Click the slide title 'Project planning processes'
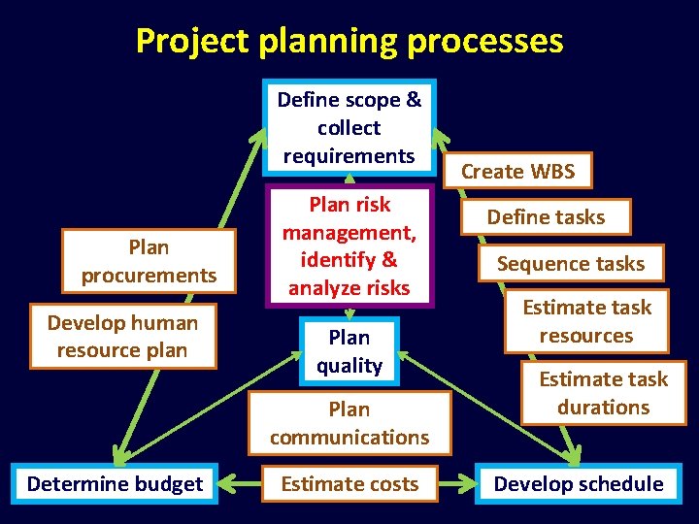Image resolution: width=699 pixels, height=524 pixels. tap(349, 41)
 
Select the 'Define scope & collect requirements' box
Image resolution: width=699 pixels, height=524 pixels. tap(349, 127)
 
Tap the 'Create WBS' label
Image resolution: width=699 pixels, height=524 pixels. tap(517, 172)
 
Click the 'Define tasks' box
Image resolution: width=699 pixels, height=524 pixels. tap(546, 217)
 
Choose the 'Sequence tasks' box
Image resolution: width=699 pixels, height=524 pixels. tap(571, 263)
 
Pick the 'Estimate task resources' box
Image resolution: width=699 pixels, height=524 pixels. tap(586, 321)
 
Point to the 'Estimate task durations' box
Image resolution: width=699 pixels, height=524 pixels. tap(603, 393)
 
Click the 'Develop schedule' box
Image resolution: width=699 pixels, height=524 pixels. tap(579, 483)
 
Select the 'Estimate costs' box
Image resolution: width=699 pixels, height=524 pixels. tap(349, 483)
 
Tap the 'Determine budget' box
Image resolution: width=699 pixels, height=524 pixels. tap(115, 483)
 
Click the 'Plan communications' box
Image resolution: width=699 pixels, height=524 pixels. tap(349, 423)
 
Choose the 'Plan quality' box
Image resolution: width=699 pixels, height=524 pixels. tap(349, 351)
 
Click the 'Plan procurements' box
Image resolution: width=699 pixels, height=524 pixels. tap(149, 261)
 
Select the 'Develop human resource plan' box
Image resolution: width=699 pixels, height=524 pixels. tap(122, 337)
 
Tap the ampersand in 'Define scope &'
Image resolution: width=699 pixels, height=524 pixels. tap(414, 100)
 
